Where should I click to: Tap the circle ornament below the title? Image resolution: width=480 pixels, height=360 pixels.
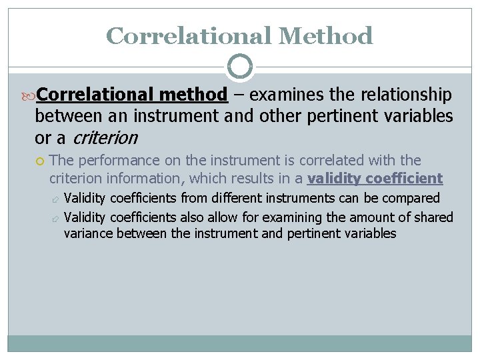click(240, 67)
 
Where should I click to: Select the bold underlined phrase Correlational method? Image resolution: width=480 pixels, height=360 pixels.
click(132, 95)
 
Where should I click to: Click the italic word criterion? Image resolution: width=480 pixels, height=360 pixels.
click(104, 138)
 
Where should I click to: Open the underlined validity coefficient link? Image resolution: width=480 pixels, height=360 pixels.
click(375, 178)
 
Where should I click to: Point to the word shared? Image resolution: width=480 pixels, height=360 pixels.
click(434, 217)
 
